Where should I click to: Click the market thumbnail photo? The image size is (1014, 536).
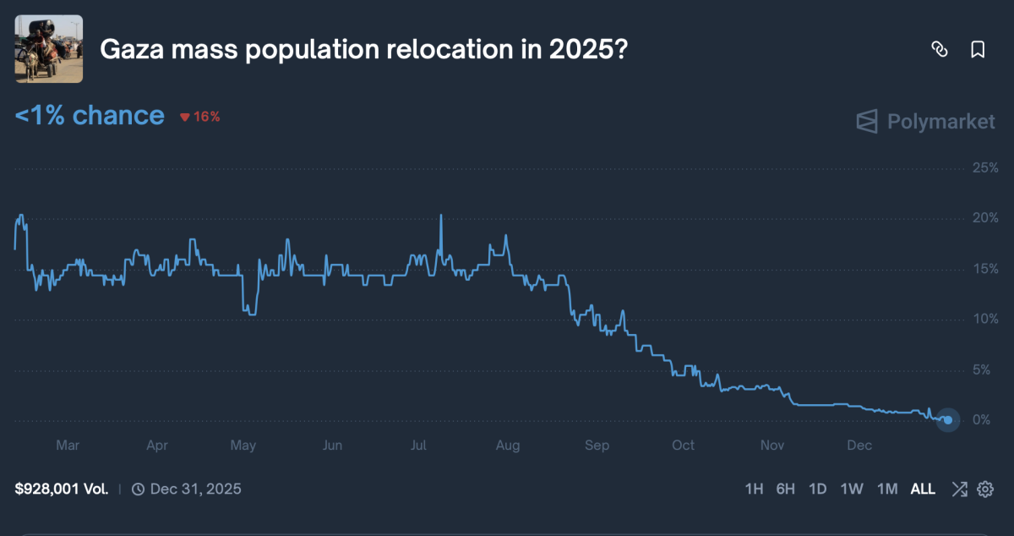[49, 49]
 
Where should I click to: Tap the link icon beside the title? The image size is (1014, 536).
[939, 50]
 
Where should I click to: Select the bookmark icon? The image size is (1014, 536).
[978, 50]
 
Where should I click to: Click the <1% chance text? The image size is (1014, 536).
[90, 115]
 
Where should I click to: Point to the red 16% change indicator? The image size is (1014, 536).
[200, 117]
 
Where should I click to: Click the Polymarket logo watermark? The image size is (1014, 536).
[925, 122]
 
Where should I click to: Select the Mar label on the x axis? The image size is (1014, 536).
[67, 446]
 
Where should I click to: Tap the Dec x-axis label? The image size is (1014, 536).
[859, 446]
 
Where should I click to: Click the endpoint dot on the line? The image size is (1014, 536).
[948, 419]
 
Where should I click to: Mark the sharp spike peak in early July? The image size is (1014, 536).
[441, 216]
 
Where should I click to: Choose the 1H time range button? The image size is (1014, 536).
[754, 489]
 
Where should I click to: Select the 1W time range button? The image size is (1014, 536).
[851, 489]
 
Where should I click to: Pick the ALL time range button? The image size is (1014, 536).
[923, 489]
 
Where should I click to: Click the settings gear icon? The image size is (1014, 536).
[985, 489]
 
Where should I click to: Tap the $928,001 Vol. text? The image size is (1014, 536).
[61, 489]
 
